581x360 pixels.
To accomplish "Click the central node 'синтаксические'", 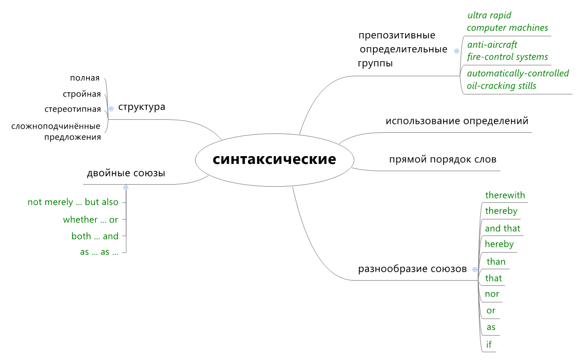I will point(274,159).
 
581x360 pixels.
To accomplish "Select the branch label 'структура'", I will point(142,107).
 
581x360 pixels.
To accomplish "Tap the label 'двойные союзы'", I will point(126,173).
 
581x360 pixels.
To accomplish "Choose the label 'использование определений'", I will point(457,121).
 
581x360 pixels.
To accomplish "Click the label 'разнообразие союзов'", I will point(412,269).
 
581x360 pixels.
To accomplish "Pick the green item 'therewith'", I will point(505,196).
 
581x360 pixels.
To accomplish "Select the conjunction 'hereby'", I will point(499,244).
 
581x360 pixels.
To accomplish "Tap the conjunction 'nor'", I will point(492,294).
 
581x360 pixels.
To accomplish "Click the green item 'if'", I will point(489,344).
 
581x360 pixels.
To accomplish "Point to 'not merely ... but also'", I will point(73,202).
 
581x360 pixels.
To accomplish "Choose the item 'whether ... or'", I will point(91,220).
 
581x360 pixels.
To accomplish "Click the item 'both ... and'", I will point(95,237).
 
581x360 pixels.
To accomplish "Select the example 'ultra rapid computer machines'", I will point(507,22).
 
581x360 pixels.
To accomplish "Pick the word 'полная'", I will point(85,78).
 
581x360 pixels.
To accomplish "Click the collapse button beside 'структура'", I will point(111,108).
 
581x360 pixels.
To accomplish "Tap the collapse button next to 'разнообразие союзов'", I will point(474,269).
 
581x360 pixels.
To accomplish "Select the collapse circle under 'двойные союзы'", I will point(126,187).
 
